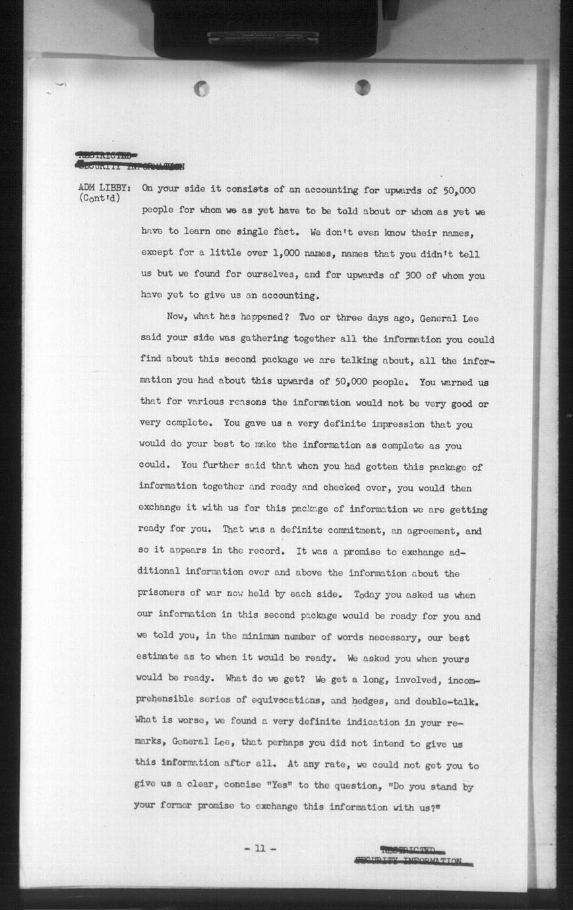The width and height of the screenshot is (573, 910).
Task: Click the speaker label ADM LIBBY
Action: pyautogui.click(x=105, y=187)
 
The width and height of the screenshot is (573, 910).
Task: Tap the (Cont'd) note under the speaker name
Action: pyautogui.click(x=100, y=198)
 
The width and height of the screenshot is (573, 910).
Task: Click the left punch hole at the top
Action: pyautogui.click(x=202, y=88)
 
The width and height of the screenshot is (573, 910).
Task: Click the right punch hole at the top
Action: pyautogui.click(x=363, y=86)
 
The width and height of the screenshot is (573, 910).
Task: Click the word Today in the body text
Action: pyautogui.click(x=367, y=594)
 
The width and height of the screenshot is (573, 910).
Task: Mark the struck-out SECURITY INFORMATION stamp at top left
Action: pyautogui.click(x=130, y=166)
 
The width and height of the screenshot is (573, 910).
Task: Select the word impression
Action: pyautogui.click(x=386, y=424)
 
